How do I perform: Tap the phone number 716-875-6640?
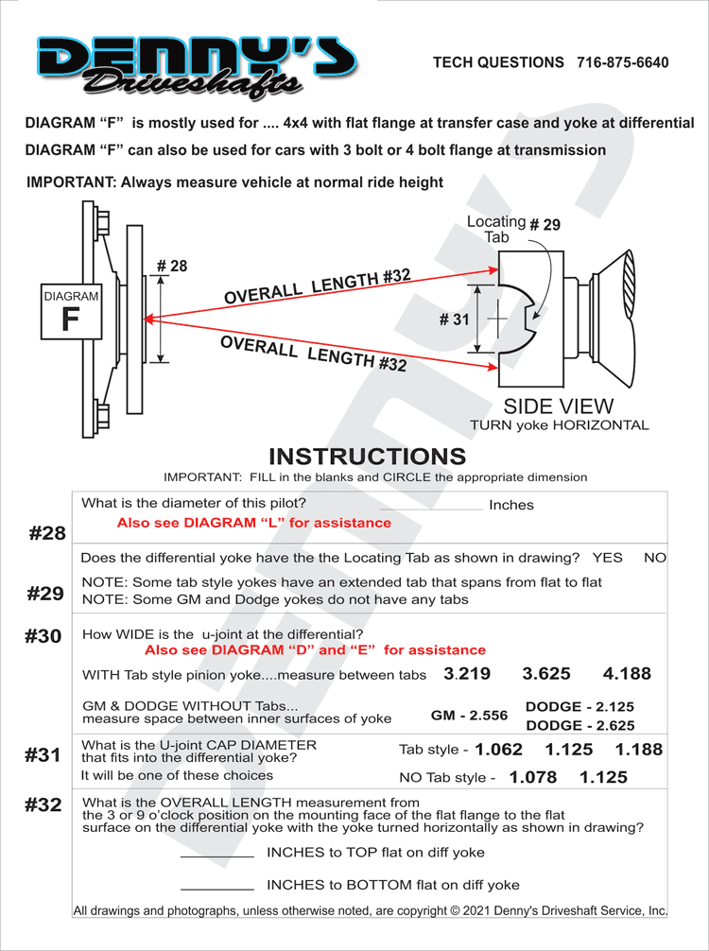622,62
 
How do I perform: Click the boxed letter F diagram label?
70,319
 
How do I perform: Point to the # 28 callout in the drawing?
171,267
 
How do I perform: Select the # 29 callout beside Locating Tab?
545,225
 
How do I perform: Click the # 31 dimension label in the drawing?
454,320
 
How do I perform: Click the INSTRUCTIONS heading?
367,457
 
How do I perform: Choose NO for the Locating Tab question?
654,558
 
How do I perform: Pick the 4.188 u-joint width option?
627,674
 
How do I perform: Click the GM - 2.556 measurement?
469,716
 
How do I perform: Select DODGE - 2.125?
579,706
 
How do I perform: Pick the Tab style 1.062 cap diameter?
498,750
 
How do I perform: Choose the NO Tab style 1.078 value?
533,778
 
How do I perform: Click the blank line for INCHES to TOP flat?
216,854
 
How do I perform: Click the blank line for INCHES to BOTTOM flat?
216,887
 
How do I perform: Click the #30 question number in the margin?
43,636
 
